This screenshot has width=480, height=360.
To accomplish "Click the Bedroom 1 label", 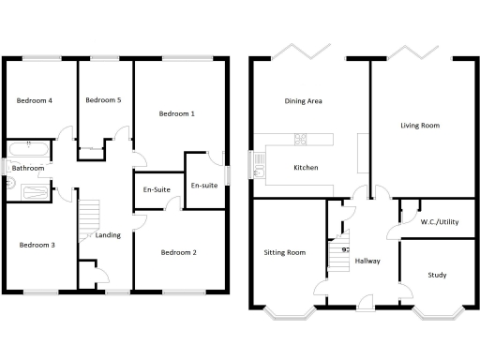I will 177,114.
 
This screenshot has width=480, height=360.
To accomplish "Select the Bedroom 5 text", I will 104,100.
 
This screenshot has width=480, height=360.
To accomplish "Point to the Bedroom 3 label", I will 37,246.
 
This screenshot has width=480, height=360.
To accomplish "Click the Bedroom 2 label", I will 178,252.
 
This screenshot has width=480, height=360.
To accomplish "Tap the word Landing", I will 108,235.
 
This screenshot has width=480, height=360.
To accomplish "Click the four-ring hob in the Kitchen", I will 302,141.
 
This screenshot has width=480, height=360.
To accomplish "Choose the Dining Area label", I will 304,100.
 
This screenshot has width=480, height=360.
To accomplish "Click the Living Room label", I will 419,125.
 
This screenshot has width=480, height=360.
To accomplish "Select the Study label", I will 437,276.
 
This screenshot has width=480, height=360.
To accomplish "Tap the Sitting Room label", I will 285,252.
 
